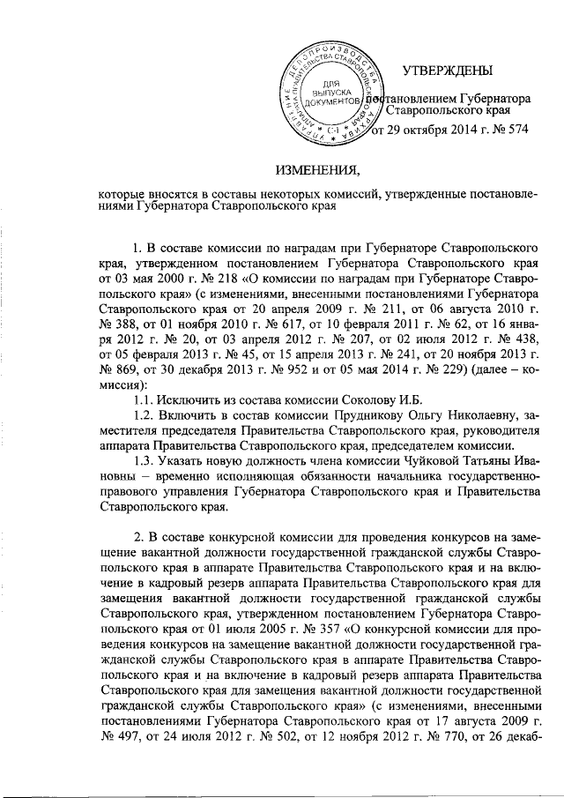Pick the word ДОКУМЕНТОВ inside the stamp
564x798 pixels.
333,102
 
